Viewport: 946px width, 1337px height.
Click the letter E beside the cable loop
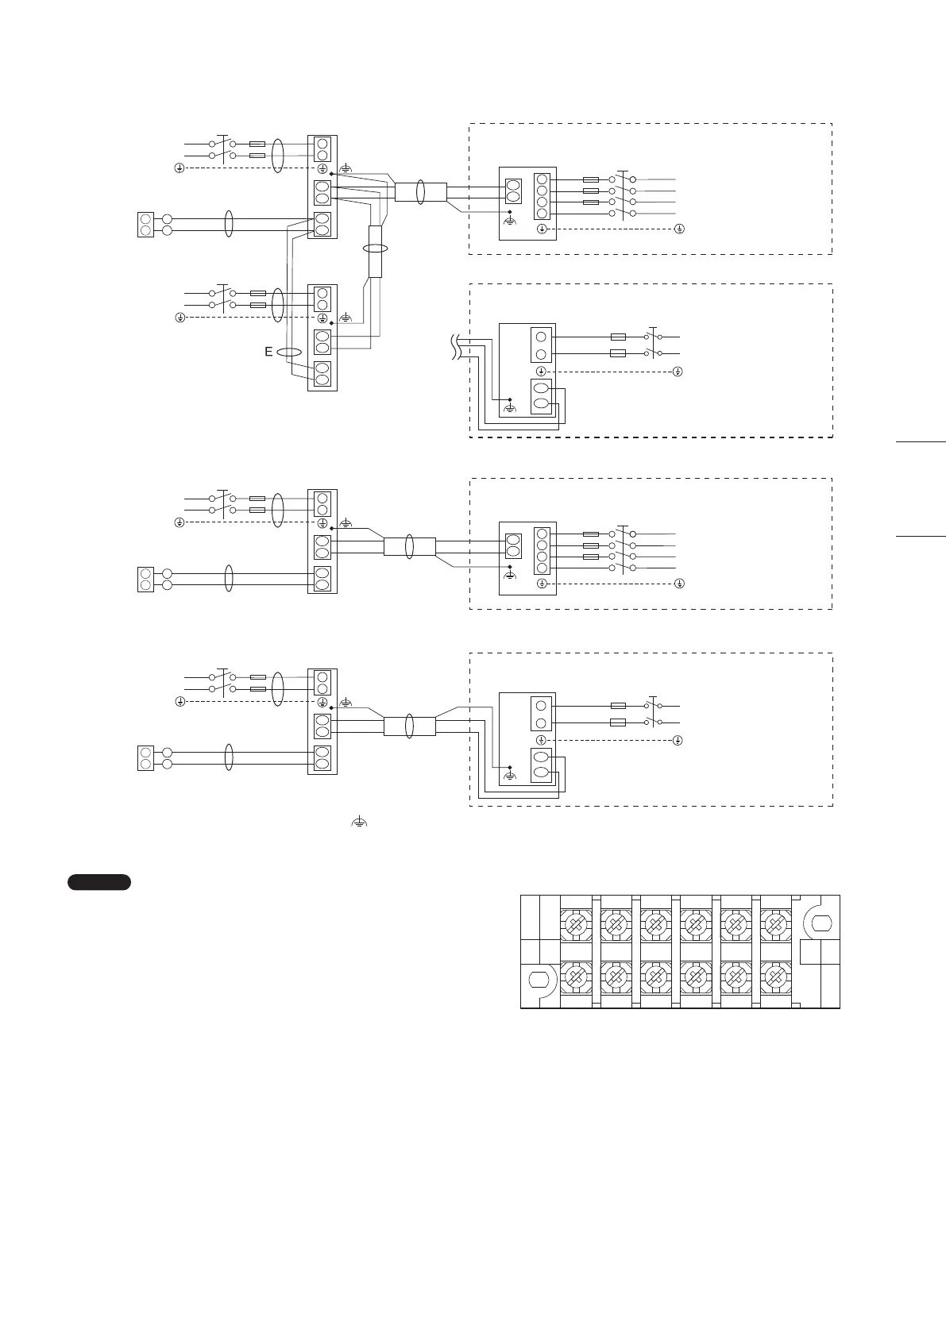(x=269, y=352)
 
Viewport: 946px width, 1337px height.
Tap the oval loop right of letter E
(x=291, y=352)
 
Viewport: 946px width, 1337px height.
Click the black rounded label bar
(x=99, y=881)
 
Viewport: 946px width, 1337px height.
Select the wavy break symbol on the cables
(x=455, y=347)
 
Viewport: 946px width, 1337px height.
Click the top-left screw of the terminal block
(x=575, y=923)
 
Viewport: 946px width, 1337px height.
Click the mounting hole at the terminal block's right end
(x=820, y=923)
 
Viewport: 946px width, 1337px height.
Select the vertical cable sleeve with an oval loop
(x=375, y=249)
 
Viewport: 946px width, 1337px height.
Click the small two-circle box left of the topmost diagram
(x=145, y=225)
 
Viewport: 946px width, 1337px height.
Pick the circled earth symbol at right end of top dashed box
(x=679, y=229)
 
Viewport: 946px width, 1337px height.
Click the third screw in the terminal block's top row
(x=655, y=923)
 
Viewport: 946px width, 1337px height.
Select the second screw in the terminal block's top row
(x=615, y=923)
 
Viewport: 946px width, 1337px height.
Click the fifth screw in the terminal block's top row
(x=736, y=923)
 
